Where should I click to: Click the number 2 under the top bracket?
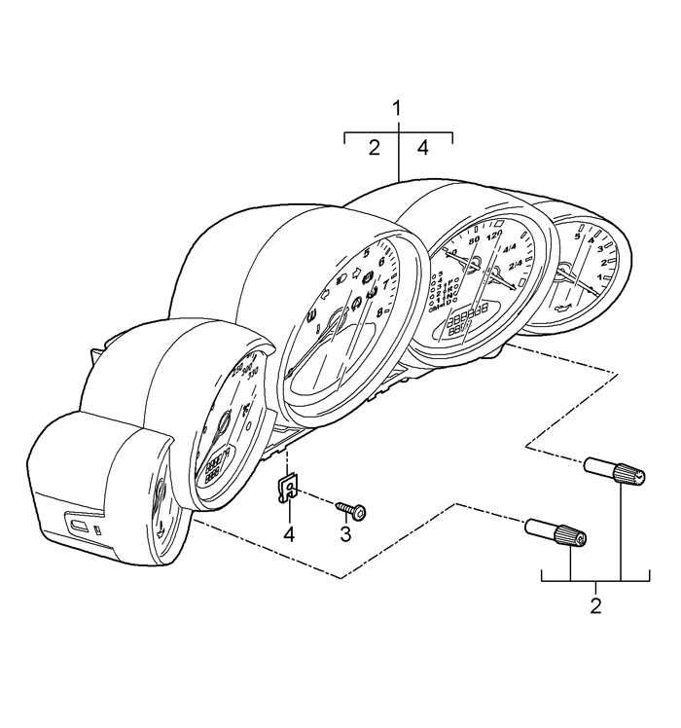(374, 148)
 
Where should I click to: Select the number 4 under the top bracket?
(422, 148)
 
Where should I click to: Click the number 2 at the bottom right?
(595, 605)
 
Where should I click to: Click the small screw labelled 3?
(350, 509)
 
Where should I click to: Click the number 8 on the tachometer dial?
(379, 311)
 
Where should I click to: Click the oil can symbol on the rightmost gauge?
(562, 309)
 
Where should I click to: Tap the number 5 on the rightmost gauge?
(578, 236)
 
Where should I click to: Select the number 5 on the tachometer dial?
(366, 253)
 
